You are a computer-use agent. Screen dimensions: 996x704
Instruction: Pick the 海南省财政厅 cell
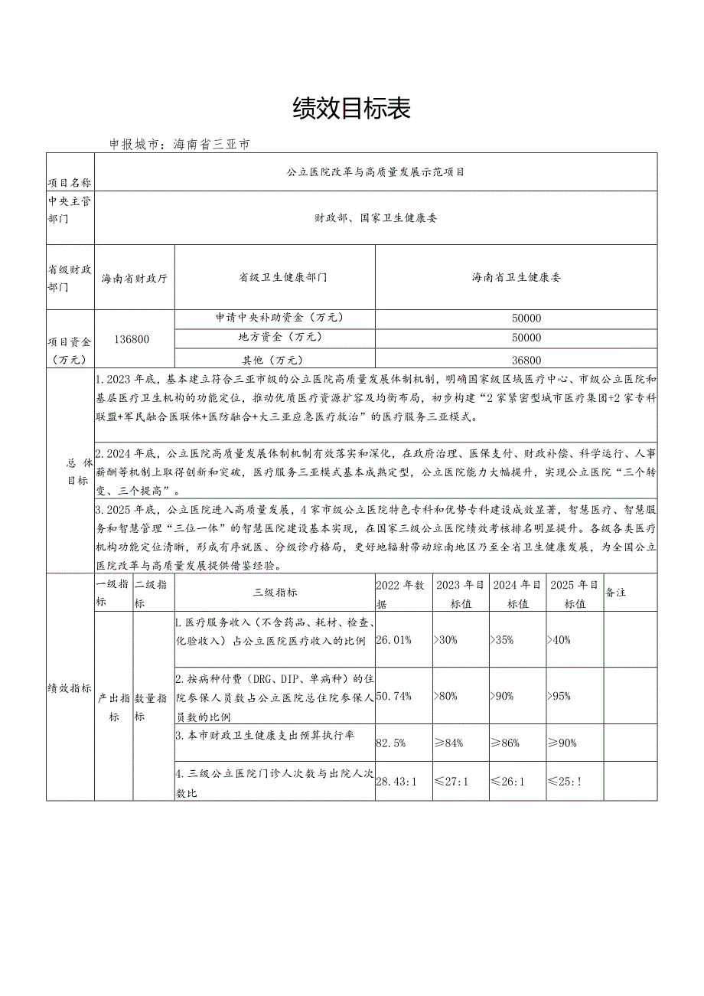tap(135, 278)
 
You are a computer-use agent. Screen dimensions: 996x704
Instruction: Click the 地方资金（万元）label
tap(275, 338)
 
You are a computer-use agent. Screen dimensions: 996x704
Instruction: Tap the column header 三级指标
tap(275, 593)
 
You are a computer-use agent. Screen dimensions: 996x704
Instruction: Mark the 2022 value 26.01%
tap(394, 640)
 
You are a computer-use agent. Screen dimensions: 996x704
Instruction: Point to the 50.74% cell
tap(394, 696)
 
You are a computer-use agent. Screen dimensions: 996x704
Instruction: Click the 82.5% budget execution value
tap(390, 743)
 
